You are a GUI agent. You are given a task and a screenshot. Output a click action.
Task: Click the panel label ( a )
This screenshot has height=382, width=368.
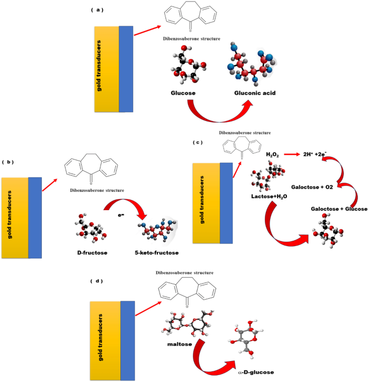coord(99,10)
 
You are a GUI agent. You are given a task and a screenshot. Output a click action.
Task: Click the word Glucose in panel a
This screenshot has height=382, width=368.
coord(183,93)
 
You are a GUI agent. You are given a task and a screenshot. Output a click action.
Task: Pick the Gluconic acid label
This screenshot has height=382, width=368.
coord(255,93)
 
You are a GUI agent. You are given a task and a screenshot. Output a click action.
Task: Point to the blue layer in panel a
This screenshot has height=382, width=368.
coord(126,69)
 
